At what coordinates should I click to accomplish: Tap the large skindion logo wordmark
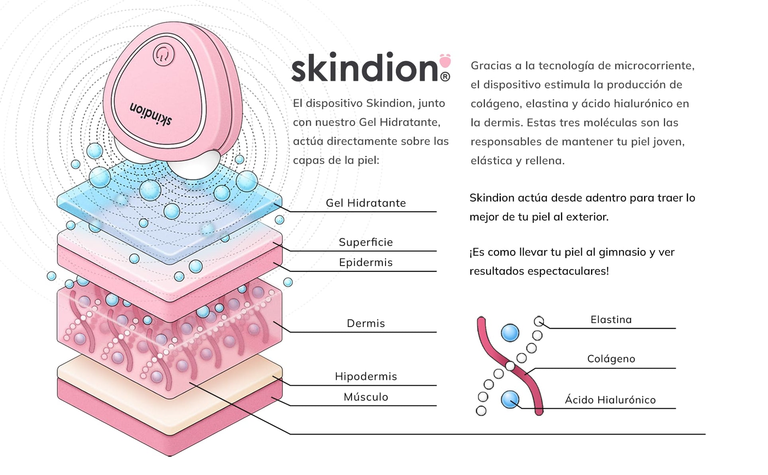pos(365,68)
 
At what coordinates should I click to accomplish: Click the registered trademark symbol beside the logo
pos(445,76)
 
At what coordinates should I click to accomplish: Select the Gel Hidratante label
pos(366,203)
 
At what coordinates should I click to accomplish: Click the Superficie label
pos(366,242)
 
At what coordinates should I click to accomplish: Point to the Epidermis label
pos(366,262)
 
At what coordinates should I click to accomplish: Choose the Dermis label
pos(366,323)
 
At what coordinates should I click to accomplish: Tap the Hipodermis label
pos(366,376)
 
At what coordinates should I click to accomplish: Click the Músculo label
pos(366,397)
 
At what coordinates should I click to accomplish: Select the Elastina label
pos(611,320)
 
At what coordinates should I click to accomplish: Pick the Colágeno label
pos(611,359)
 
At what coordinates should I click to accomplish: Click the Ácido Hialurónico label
pos(610,400)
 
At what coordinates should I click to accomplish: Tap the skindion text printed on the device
pos(151,114)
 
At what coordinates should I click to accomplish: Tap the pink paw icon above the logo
pos(445,61)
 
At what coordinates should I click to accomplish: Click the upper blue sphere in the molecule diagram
pos(510,333)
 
